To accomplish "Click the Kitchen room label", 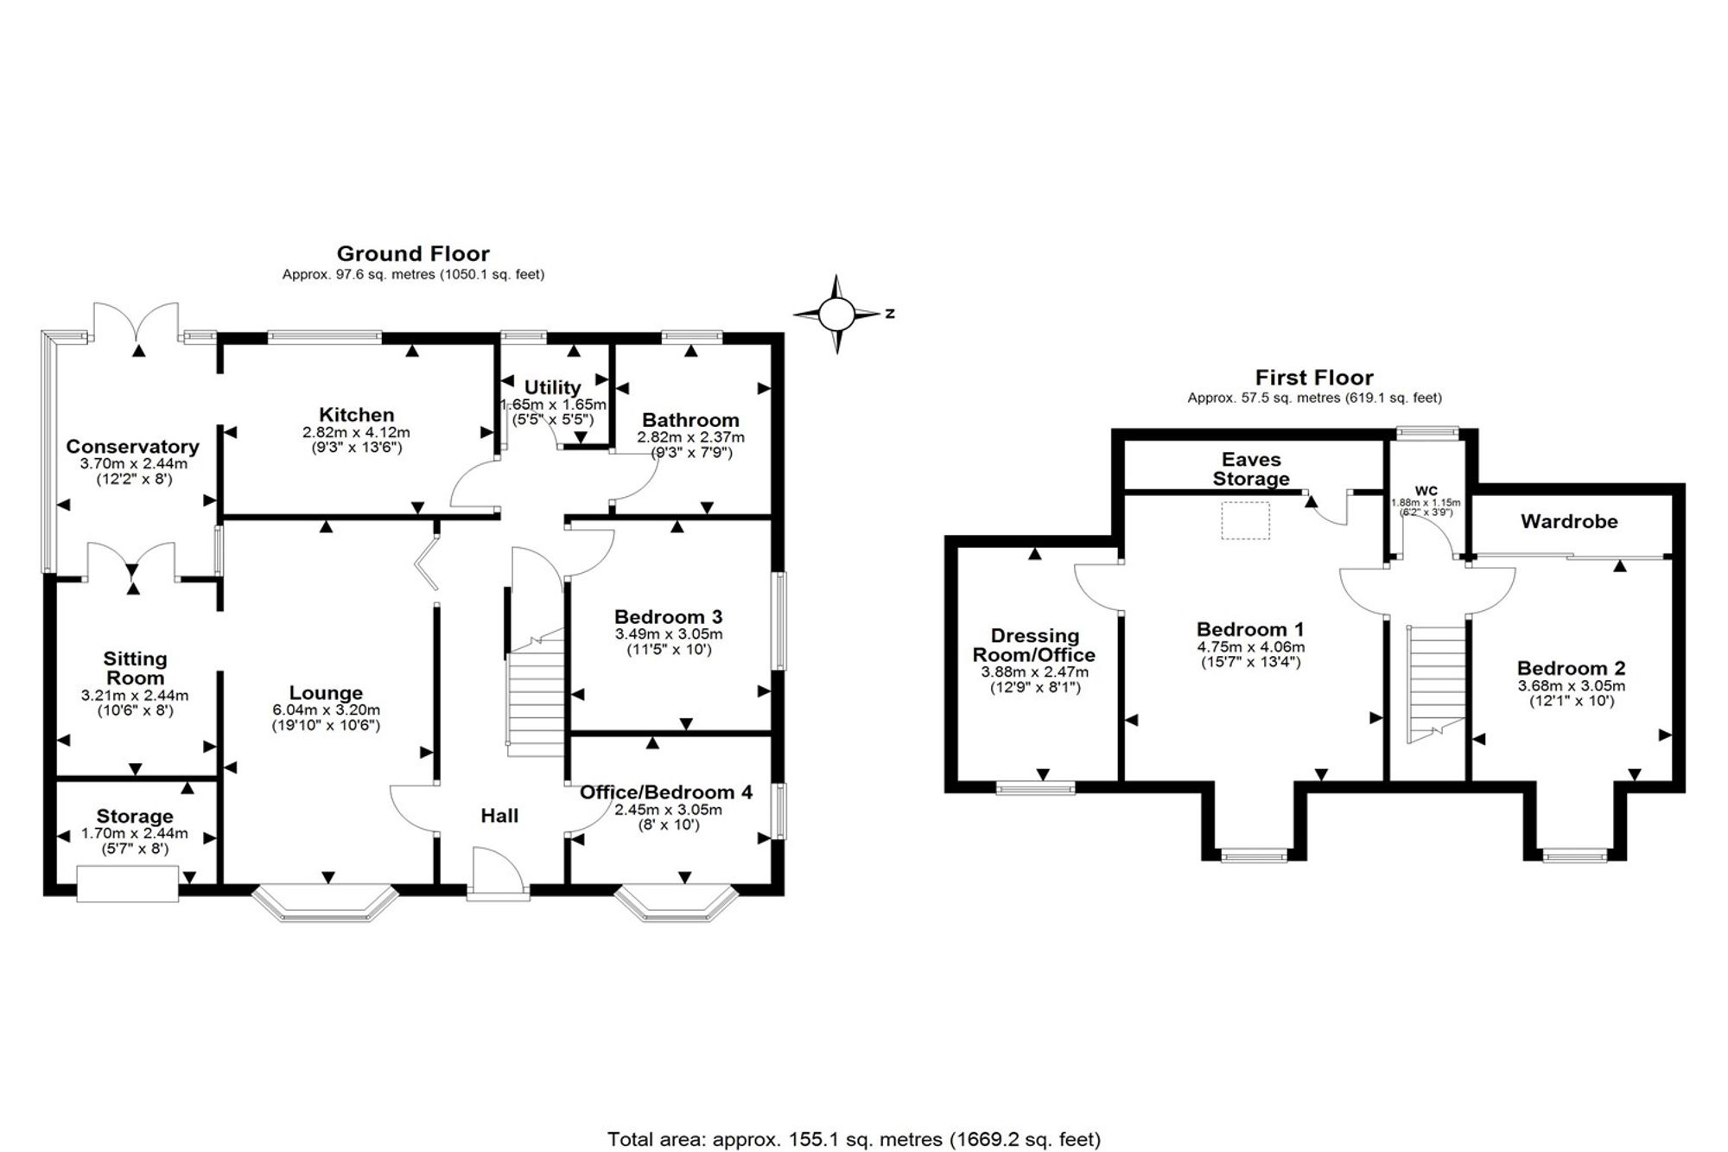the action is point(356,415).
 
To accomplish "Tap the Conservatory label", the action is point(133,447).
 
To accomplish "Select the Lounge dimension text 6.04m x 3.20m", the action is point(326,710).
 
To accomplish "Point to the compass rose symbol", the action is point(836,314).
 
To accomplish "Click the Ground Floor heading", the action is point(413,254).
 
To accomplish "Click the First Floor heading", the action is point(1314,378).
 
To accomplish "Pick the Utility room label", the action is point(552,387).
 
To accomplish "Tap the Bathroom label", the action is point(690,421).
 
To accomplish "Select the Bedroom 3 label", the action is point(669,617).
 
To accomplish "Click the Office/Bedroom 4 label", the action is point(666,792).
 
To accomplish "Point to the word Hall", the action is point(499,816).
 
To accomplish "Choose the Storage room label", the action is point(135,817).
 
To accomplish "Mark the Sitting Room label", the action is point(135,669).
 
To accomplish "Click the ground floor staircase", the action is point(535,696).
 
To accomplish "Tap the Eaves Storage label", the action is point(1251,469).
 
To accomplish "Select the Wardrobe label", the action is point(1569,522).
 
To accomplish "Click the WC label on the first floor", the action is point(1426,491).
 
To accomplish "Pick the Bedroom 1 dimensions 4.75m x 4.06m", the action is point(1250,647).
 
